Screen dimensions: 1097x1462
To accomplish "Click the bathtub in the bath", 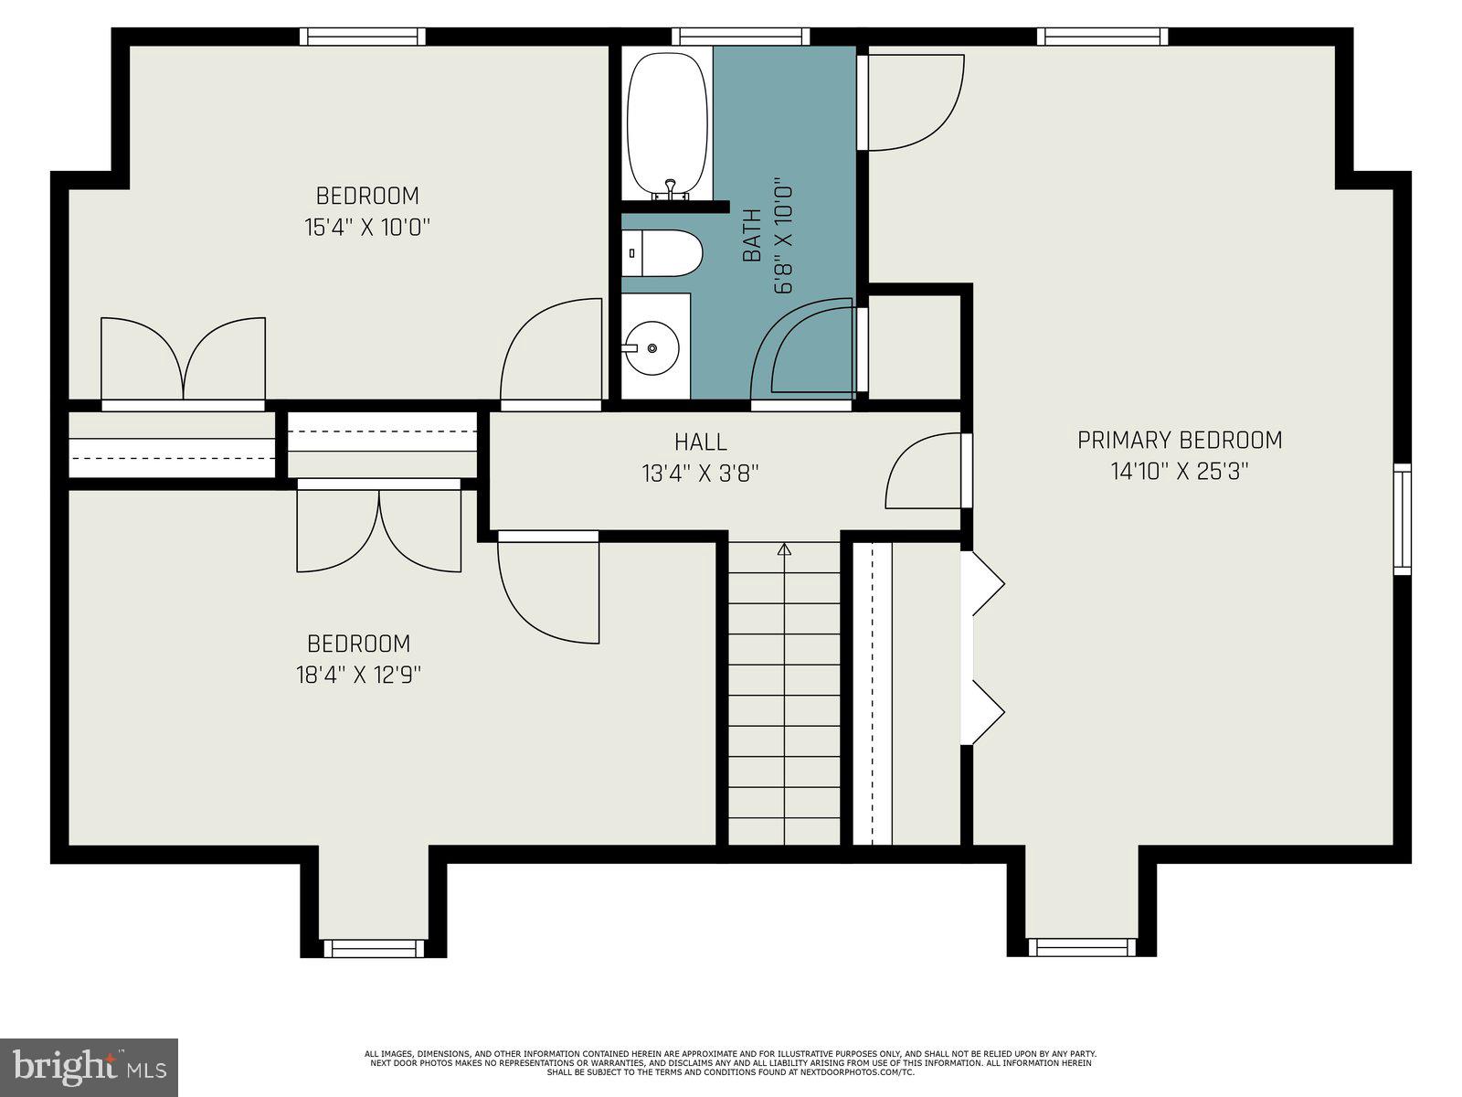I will tap(667, 123).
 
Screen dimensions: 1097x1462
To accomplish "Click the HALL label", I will tap(701, 442).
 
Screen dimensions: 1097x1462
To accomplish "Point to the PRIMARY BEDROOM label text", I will tap(1180, 441).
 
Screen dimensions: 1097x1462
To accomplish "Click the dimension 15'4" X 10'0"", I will tap(367, 227).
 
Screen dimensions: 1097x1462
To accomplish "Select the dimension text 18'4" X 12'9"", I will tap(358, 675).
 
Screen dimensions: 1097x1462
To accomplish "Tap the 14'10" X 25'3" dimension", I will tap(1180, 472).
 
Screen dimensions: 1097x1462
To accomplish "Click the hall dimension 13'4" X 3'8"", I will tap(701, 474).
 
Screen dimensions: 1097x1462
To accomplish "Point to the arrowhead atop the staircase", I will tap(784, 548).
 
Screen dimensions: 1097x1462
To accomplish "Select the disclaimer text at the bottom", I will tap(730, 1062).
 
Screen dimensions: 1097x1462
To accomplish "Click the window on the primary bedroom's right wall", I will tap(1402, 518).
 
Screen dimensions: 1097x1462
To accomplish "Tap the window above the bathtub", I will tap(741, 37).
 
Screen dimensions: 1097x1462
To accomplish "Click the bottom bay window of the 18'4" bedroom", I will tap(374, 948).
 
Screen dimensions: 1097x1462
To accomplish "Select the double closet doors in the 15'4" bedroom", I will tap(183, 361).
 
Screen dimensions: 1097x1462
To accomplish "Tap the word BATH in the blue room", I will tap(752, 236).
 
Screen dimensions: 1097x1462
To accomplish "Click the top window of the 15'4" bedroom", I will tap(363, 37).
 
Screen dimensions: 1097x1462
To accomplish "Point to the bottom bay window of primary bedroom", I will tap(1081, 948).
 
